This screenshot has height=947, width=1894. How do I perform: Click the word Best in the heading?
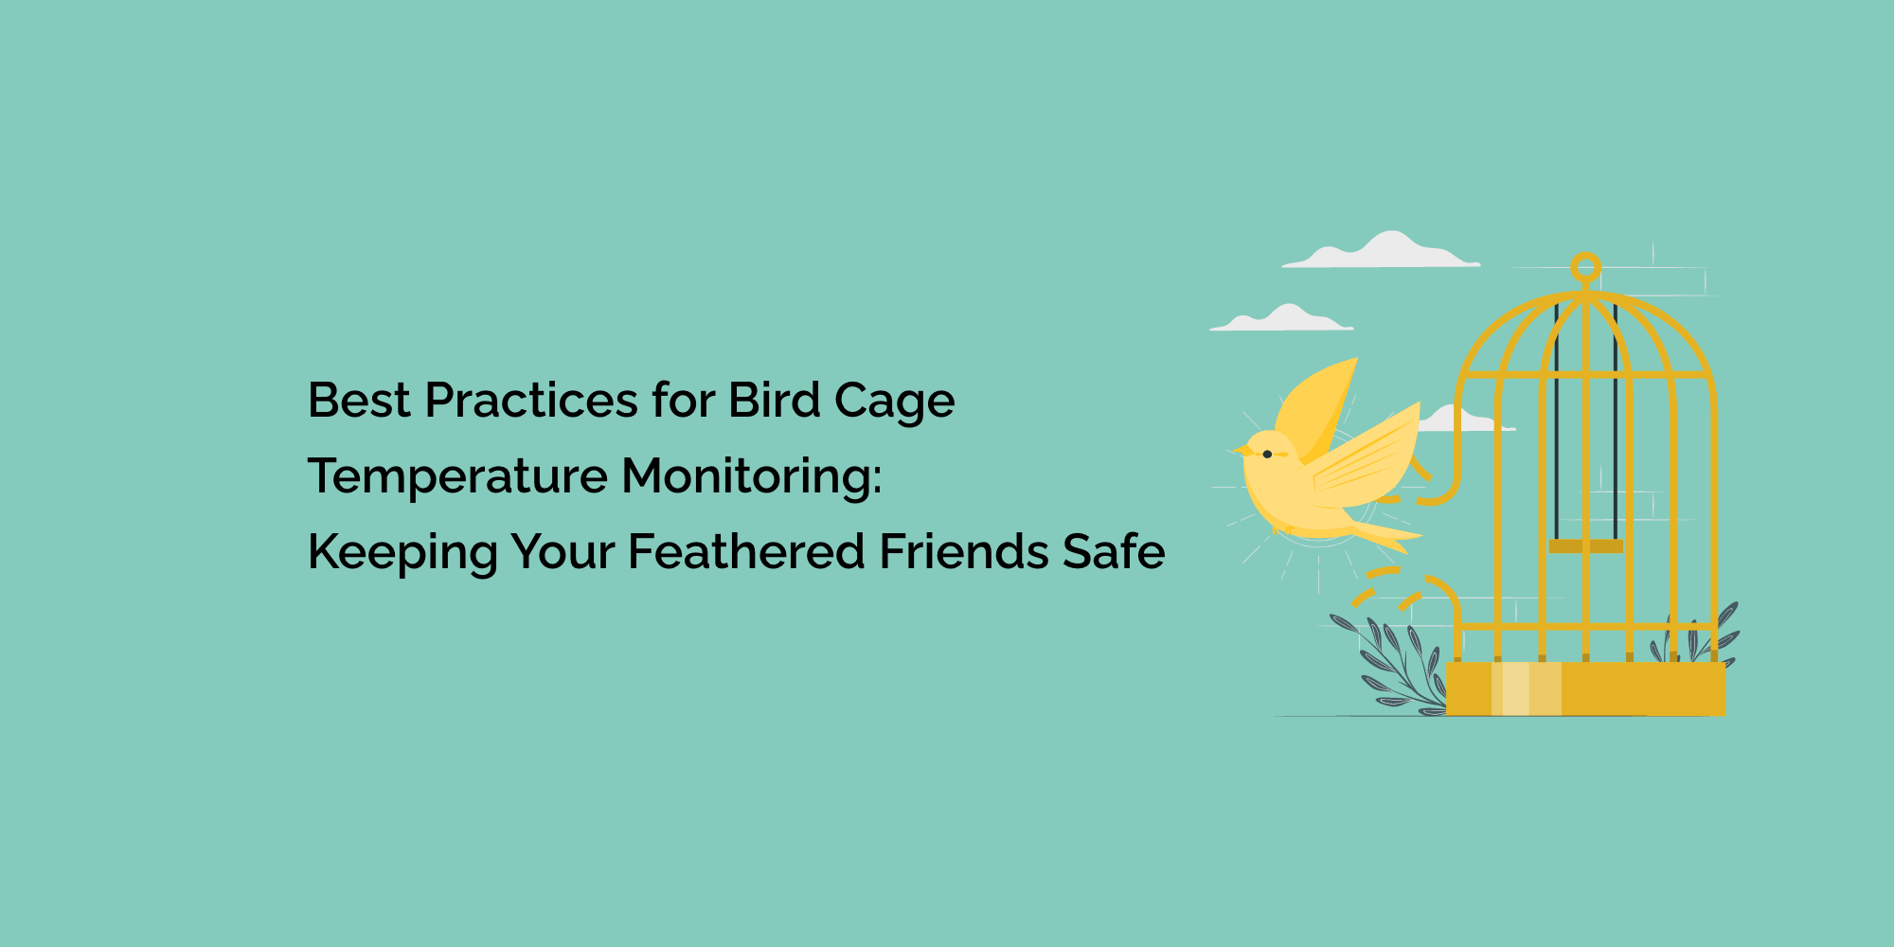359,400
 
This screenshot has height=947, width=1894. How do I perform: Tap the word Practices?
531,400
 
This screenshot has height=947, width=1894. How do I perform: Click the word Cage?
895,402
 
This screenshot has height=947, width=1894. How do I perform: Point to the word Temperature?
457,476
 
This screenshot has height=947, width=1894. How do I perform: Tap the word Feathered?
746,551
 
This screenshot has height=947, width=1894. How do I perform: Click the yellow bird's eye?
1267,455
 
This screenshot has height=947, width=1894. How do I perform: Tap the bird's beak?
1239,450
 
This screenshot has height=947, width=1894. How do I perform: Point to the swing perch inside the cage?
1586,546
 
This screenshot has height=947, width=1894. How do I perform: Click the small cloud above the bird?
1281,318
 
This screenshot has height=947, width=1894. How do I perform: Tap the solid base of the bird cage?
1586,688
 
